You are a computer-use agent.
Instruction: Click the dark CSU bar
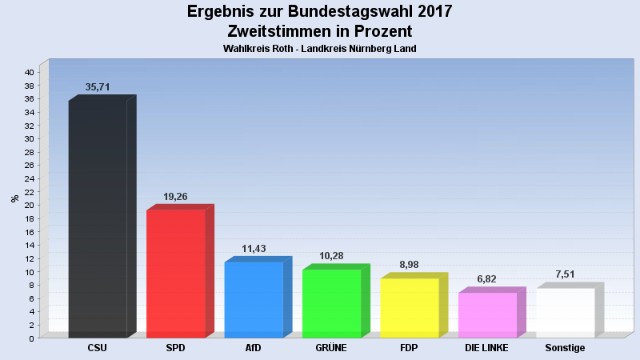tap(98, 218)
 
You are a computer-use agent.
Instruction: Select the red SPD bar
tap(176, 273)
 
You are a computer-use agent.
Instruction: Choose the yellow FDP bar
tap(409, 307)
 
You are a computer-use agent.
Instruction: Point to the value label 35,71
tap(98, 87)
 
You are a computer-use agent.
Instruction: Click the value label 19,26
tap(176, 196)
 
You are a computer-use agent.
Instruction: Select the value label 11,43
tap(254, 249)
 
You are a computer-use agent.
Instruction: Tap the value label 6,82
tap(487, 279)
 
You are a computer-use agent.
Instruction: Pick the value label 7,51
tap(565, 274)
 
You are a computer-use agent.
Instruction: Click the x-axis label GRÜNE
tap(330, 348)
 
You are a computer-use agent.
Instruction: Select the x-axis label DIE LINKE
tap(487, 348)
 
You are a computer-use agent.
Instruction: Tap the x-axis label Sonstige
tap(565, 348)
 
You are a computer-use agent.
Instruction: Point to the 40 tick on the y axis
tap(28, 72)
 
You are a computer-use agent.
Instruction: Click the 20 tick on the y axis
tap(28, 205)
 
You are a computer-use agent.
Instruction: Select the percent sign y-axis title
tap(14, 198)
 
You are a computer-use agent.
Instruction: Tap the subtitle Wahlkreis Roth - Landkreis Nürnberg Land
tap(320, 49)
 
